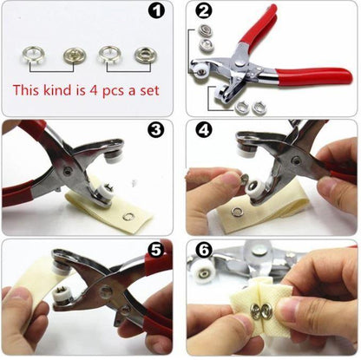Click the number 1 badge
pyautogui.click(x=156, y=13)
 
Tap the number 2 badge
pyautogui.click(x=204, y=13)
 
